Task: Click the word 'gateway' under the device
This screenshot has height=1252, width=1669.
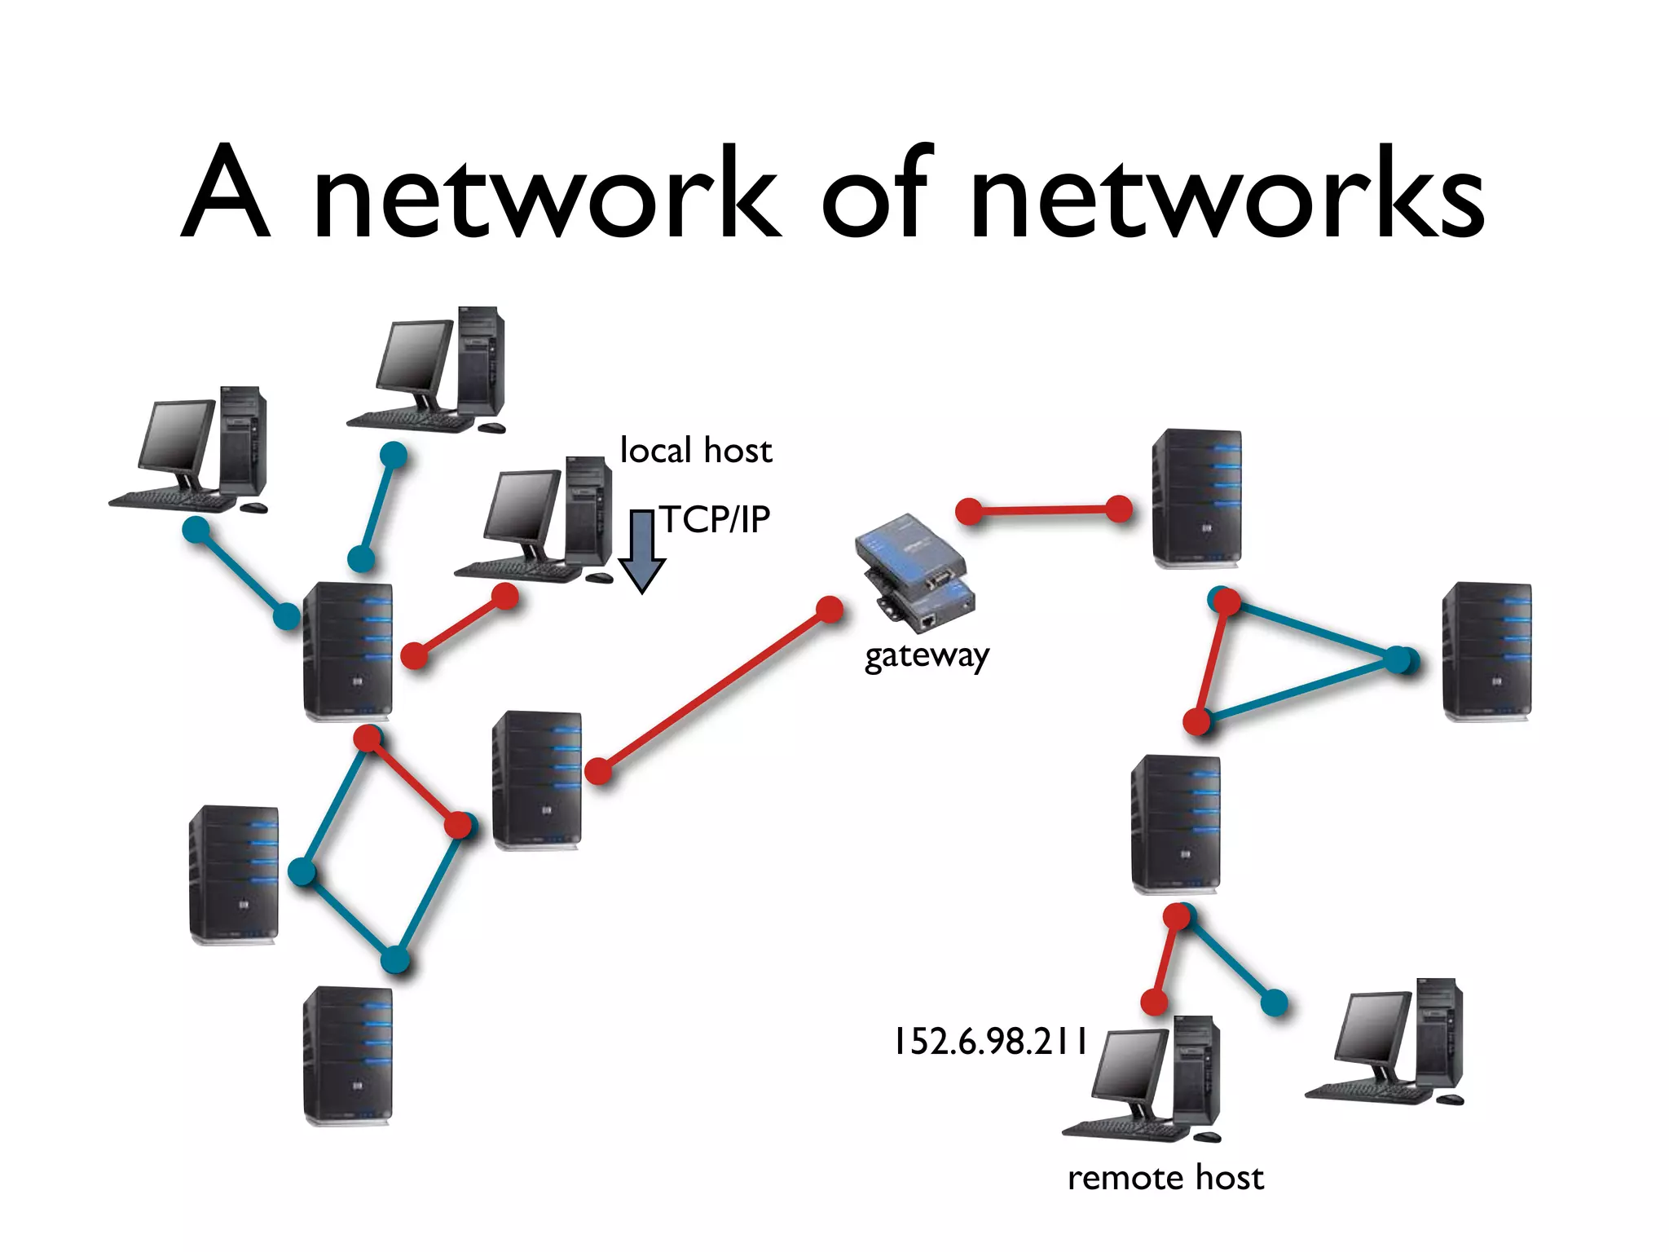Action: coord(927,655)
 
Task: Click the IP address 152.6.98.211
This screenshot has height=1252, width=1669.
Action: coord(990,1042)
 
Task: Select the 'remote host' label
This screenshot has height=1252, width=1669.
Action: coord(1165,1178)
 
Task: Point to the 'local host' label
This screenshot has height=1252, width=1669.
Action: coord(695,451)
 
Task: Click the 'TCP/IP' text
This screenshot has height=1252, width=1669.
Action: coord(715,519)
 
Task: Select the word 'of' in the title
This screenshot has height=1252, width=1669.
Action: coord(876,196)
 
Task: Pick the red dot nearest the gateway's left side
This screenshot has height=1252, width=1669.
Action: coord(830,610)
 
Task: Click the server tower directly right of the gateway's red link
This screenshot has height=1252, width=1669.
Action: coord(1196,497)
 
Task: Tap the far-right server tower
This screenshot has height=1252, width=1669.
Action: coord(1486,651)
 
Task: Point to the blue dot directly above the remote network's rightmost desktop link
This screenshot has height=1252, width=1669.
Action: coord(1274,1003)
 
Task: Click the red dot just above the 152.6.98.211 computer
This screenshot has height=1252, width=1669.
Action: coord(1154,1002)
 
